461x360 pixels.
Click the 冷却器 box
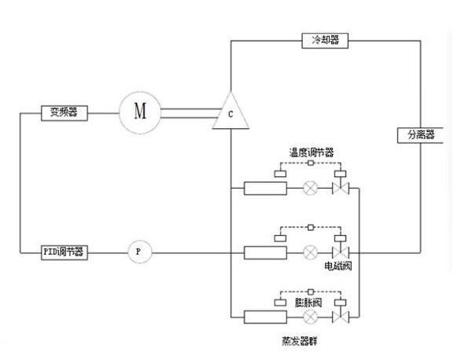coord(325,41)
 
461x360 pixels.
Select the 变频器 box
coord(64,113)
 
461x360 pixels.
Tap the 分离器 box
coord(420,135)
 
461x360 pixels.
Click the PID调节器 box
coord(64,252)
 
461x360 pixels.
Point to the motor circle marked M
coord(140,112)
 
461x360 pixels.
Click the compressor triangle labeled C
coord(230,112)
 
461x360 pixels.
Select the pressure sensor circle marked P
coord(140,252)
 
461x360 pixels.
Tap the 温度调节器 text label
coord(312,153)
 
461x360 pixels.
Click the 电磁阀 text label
coord(338,266)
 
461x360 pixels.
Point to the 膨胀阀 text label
coord(308,303)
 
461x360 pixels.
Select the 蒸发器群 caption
coord(300,341)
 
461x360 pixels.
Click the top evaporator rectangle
coord(265,188)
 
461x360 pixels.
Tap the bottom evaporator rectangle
coord(265,317)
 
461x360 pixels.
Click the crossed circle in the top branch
coord(311,188)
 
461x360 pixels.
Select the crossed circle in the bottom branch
coord(311,317)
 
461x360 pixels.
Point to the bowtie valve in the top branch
coord(341,188)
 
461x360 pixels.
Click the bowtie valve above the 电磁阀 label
coord(341,252)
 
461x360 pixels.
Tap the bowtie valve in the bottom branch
coord(341,317)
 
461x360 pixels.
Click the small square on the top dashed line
coord(311,163)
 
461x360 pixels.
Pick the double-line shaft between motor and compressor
coord(190,113)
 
